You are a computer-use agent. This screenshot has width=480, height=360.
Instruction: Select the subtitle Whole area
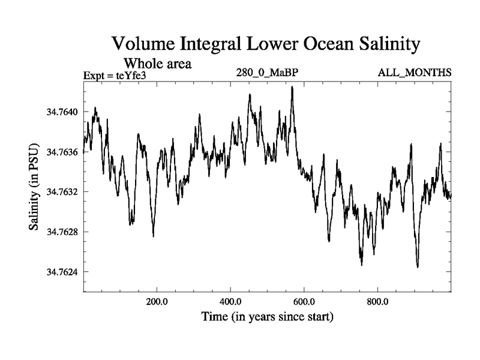(157, 63)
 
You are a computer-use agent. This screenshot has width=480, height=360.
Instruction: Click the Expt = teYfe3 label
(118, 75)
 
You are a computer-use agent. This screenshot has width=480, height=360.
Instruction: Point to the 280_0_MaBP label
(268, 73)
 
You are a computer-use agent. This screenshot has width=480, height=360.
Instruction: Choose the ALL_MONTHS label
(414, 73)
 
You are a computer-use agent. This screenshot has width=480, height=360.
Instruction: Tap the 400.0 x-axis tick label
(230, 301)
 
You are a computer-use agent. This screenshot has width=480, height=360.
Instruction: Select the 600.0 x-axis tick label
(304, 301)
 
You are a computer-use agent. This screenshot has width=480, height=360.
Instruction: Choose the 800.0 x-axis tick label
(378, 301)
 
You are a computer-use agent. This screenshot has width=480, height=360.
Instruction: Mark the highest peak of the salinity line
(292, 87)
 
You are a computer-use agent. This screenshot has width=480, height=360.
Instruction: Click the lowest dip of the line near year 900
(417, 267)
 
